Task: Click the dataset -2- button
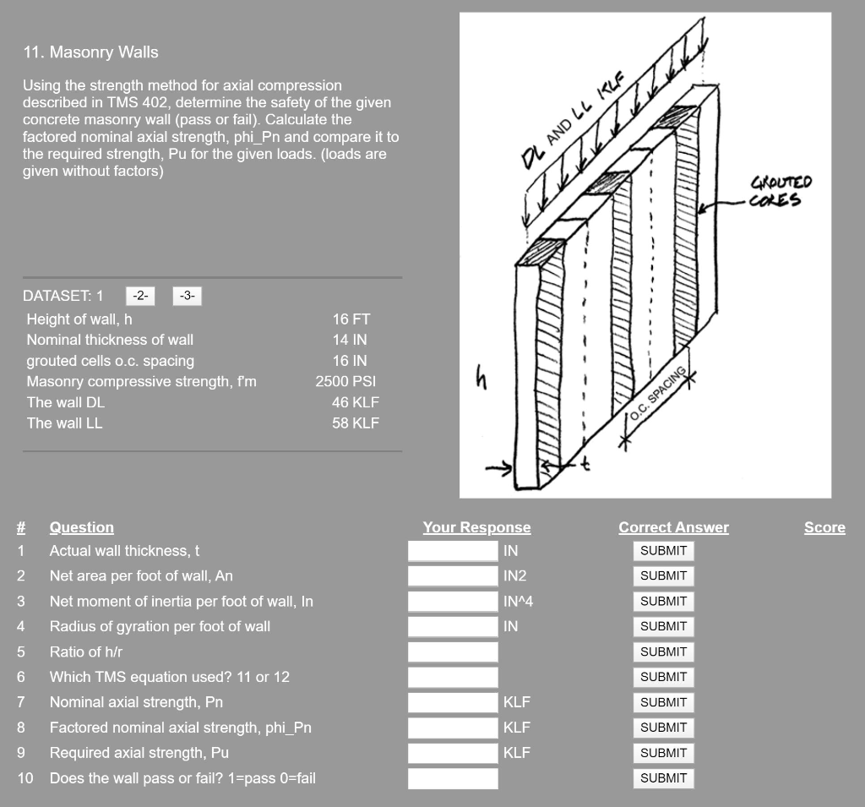tap(140, 296)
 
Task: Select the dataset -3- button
tap(188, 296)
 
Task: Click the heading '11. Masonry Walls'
tap(90, 52)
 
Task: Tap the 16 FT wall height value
tap(351, 319)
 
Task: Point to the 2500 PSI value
tap(345, 382)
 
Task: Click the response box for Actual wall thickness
tap(453, 551)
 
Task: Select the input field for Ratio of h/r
tap(453, 652)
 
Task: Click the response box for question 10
tap(453, 778)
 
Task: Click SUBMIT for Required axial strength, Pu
tap(663, 753)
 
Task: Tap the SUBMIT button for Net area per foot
tap(663, 575)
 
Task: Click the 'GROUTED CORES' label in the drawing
tap(780, 190)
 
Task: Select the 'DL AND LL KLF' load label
tap(571, 117)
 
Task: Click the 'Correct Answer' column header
tap(673, 527)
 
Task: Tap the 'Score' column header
tap(824, 527)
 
